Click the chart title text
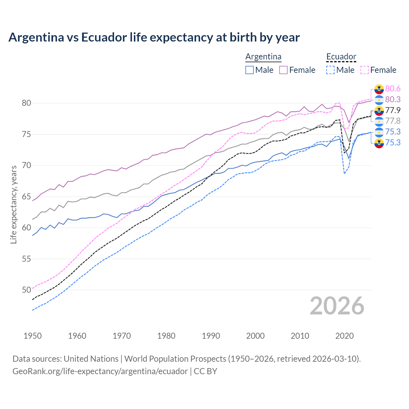154,37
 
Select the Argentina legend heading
263,57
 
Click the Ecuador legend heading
341,57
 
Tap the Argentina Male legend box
250,70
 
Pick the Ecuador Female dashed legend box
365,70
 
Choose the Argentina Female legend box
283,70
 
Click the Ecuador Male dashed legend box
330,70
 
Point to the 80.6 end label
393,89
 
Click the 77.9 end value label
393,110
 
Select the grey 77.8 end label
393,121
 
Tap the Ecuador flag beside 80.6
379,89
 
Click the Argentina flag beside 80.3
379,100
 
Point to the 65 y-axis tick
27,197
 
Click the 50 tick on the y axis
27,290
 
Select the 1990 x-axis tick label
211,336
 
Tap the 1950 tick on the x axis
33,336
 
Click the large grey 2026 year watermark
337,306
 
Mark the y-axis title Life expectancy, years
13,204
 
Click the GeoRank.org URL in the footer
100,371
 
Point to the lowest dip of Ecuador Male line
344,173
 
